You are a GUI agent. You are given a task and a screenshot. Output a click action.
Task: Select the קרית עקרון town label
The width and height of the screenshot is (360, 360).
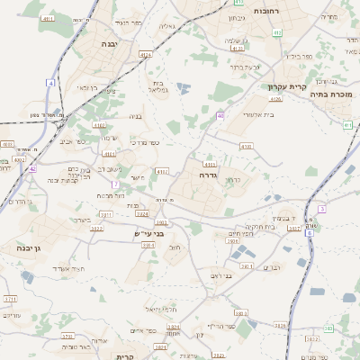click(x=288, y=87)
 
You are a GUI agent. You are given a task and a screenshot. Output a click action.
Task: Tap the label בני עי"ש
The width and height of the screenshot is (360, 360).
click(x=149, y=233)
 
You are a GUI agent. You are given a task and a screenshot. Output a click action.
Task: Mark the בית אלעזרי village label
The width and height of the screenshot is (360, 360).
click(x=239, y=114)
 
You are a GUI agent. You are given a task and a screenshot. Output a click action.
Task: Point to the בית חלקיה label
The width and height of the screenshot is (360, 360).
click(x=257, y=227)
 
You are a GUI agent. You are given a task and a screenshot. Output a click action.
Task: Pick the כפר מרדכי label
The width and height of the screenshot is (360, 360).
click(x=144, y=143)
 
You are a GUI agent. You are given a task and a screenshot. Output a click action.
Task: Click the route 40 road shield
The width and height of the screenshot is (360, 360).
click(x=220, y=115)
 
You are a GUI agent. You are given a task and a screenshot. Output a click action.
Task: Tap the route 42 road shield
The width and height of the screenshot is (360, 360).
click(x=32, y=168)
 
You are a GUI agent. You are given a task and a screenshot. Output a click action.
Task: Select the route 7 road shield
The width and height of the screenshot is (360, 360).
click(x=115, y=184)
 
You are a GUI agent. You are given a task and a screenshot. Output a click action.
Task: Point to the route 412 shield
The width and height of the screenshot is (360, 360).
click(x=277, y=32)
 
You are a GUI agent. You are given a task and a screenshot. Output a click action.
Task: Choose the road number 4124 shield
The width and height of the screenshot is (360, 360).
click(x=146, y=54)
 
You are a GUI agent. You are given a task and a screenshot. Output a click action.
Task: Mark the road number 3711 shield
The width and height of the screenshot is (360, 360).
click(x=11, y=298)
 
